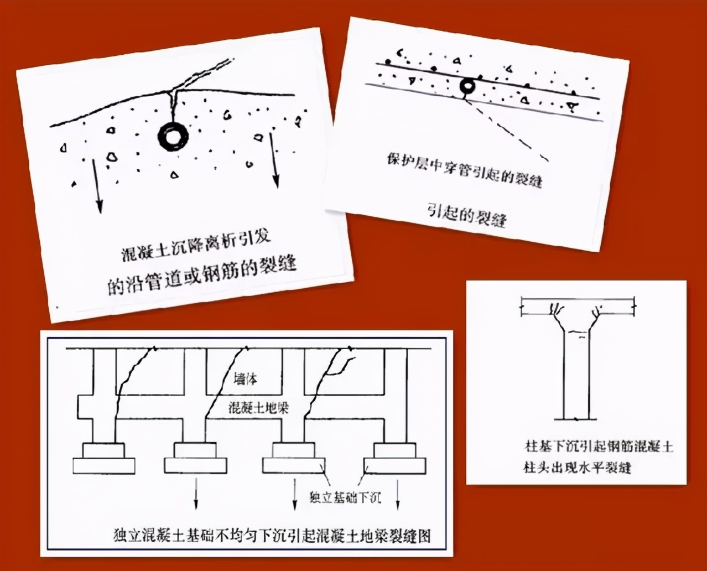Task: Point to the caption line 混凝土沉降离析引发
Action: (198, 246)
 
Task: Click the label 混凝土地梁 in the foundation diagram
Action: (258, 408)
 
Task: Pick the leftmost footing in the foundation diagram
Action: (103, 459)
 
